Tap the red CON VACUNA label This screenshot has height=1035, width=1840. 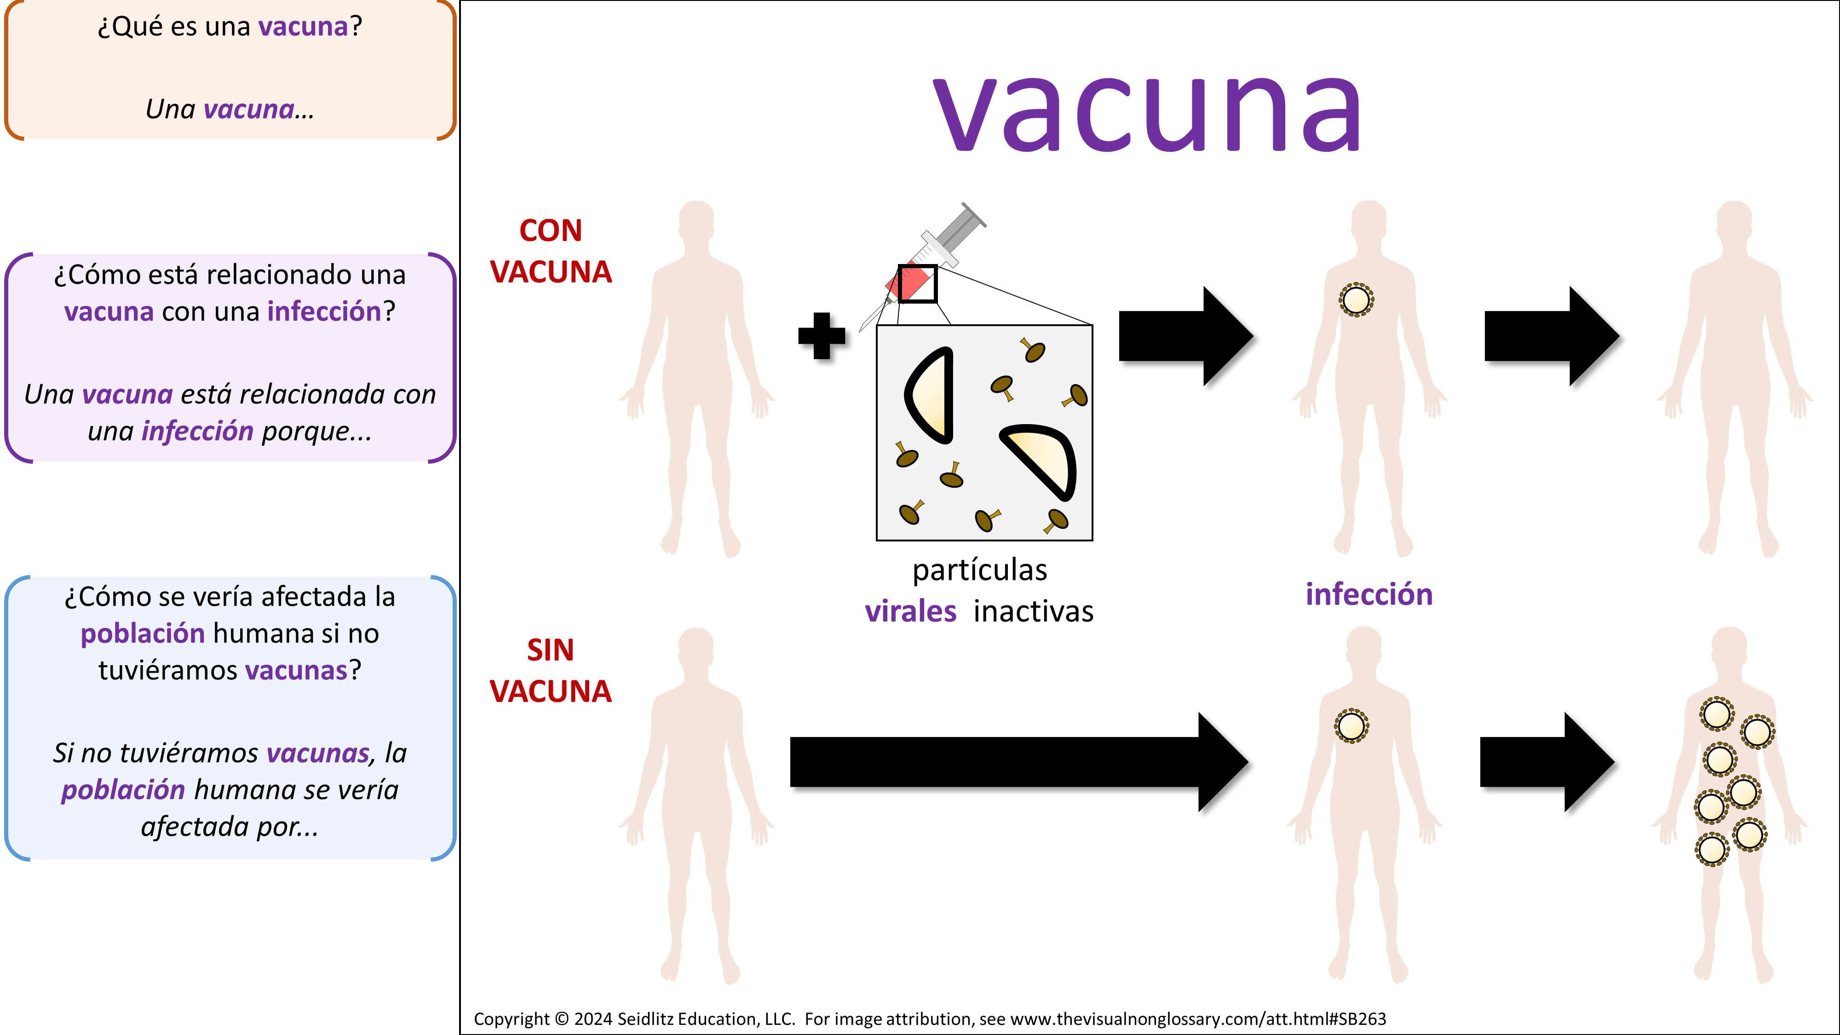[551, 252]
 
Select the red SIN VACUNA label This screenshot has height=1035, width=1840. [551, 671]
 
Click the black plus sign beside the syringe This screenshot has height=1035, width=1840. [822, 336]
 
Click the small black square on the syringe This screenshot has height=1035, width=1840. [917, 283]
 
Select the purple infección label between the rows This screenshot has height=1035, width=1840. [1368, 595]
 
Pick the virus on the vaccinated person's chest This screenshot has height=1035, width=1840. [1356, 300]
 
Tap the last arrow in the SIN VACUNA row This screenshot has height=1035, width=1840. [1547, 762]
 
